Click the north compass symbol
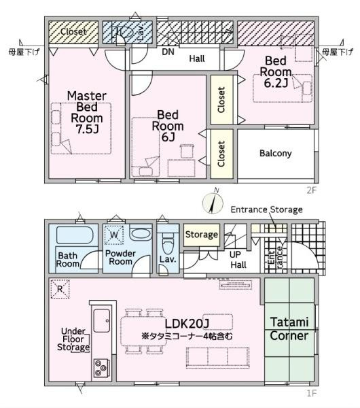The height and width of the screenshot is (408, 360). tap(213, 203)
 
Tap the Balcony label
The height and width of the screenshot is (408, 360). tap(276, 154)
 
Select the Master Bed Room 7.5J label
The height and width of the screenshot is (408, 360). tap(87, 112)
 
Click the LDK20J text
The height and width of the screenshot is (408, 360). tap(187, 324)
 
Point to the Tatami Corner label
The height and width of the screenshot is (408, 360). tap(289, 329)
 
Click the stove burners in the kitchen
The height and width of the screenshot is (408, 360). tap(101, 368)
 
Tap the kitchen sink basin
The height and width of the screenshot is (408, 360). tap(101, 320)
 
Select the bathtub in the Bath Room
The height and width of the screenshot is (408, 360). tap(75, 235)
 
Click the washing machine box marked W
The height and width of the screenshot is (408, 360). tap(114, 235)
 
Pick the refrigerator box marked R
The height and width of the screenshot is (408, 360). tap(60, 289)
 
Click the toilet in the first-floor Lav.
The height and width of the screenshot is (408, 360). tap(167, 243)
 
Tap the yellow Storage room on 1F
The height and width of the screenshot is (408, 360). tap(202, 235)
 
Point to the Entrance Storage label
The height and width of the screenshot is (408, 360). tap(267, 209)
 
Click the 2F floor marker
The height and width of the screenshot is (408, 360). tap(312, 190)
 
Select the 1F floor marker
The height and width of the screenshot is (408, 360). tap(312, 393)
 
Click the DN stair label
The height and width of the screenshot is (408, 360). tap(168, 52)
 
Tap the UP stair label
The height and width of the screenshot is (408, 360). tap(235, 254)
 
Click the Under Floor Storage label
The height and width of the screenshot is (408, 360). tap(73, 339)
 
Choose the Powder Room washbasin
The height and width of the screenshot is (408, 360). tap(141, 234)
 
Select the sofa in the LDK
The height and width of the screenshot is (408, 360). tap(218, 358)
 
